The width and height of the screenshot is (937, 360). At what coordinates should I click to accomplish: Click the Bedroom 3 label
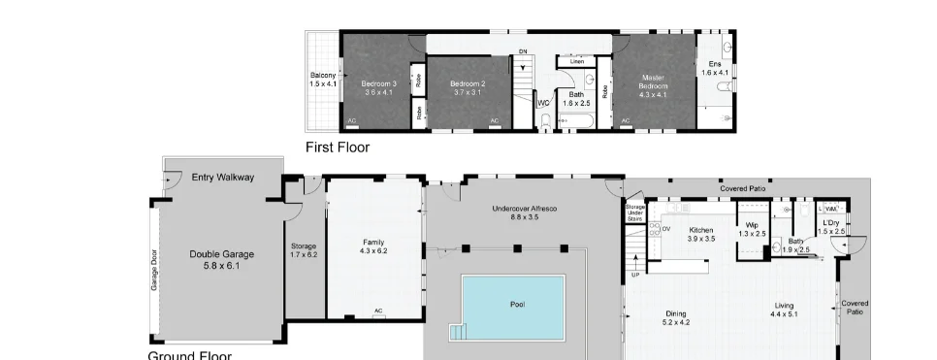[x=378, y=83]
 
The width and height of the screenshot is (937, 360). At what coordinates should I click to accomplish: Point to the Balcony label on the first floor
[x=323, y=76]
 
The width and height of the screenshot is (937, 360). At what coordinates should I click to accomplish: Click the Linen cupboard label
[x=576, y=61]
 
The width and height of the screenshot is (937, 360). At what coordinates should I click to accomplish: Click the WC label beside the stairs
[x=543, y=102]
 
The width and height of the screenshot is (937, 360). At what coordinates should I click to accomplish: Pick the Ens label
[x=714, y=64]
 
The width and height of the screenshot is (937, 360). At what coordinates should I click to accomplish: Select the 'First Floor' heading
[x=338, y=147]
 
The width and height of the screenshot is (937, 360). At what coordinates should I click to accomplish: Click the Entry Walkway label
[x=223, y=178]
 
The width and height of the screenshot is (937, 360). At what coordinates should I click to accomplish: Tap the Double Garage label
[x=221, y=254]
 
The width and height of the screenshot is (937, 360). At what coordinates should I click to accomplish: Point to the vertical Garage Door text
[x=153, y=271]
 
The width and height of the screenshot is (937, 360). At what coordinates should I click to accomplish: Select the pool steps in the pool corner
[x=459, y=333]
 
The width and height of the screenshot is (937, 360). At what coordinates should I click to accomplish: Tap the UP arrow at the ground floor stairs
[x=635, y=275]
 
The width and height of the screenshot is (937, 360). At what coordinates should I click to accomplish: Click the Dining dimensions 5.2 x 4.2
[x=676, y=323]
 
